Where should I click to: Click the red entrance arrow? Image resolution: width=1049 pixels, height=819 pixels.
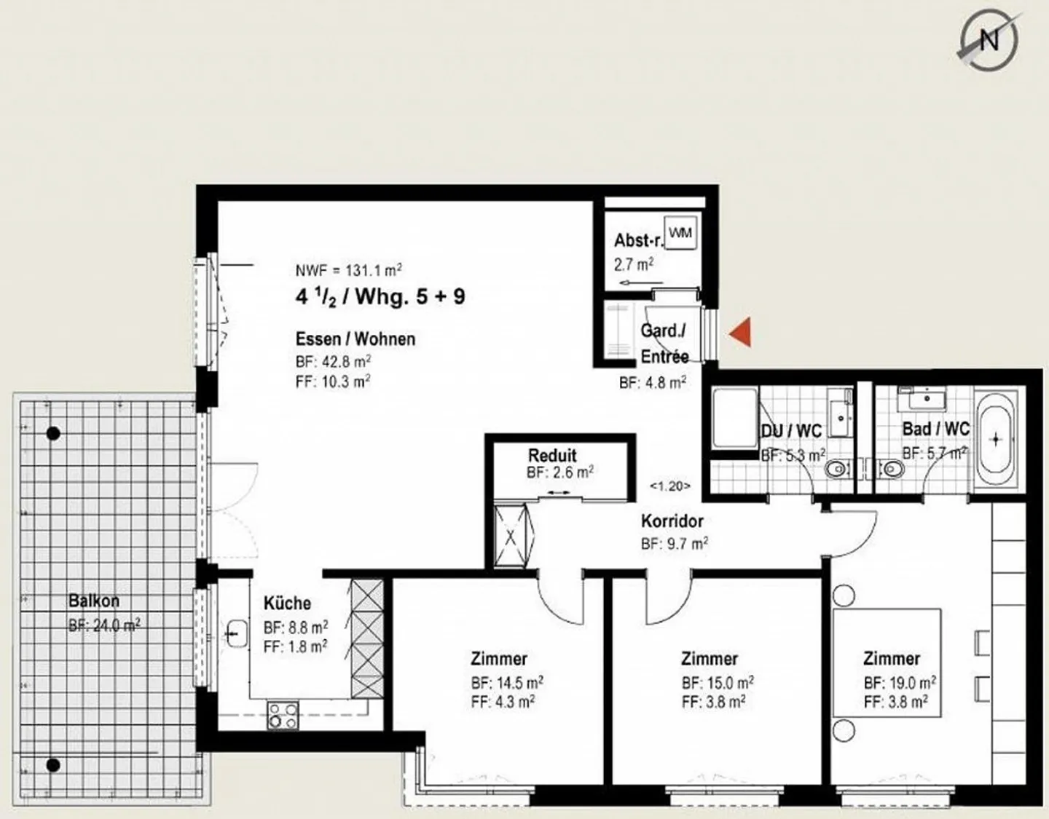point(740,333)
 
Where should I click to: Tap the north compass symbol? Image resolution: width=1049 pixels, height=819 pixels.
point(987,39)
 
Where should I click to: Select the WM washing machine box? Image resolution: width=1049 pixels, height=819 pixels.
point(680,234)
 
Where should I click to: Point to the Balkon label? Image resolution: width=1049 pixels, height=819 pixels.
point(93,601)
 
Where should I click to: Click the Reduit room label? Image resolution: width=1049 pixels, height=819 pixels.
point(552,456)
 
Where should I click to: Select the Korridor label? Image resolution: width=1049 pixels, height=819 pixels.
point(672,521)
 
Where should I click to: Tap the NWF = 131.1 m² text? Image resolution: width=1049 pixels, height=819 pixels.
point(349,270)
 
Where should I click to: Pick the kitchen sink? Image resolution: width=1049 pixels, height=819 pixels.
point(236,633)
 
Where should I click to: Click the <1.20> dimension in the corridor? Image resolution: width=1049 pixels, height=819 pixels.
point(669,486)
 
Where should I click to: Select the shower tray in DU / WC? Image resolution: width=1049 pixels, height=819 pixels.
point(734,419)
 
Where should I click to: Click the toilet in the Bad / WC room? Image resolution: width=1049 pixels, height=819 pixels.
point(889,469)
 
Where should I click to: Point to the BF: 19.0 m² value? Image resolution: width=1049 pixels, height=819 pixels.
point(900,683)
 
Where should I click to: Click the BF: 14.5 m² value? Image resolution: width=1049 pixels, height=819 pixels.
point(506,683)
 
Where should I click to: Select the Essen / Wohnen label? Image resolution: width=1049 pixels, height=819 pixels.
point(355,339)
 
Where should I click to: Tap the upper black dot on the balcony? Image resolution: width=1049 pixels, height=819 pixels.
point(52,434)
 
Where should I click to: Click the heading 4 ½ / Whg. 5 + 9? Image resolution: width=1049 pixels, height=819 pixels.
point(380,297)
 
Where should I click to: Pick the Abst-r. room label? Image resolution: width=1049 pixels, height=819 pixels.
point(638,240)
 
